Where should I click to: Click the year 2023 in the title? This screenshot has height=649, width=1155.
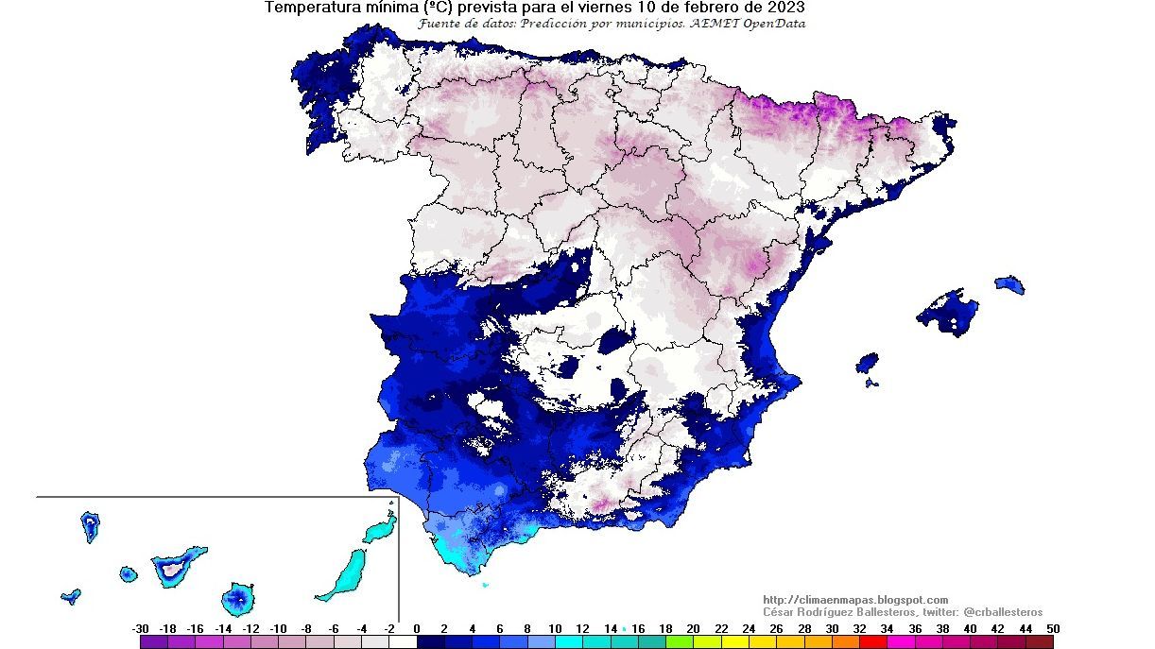(x=785, y=8)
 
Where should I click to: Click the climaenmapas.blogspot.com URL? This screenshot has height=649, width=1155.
(x=854, y=600)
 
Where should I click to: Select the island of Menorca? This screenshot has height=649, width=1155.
(x=1009, y=283)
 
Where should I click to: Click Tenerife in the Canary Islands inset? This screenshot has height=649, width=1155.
(x=177, y=567)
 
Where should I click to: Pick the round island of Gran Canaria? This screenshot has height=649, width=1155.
(x=238, y=598)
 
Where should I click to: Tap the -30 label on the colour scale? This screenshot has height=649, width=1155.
(x=141, y=629)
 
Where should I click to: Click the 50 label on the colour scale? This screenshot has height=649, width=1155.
(x=1053, y=629)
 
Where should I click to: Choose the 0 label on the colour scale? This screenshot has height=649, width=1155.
(x=417, y=629)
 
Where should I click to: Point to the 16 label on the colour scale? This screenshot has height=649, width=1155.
(x=638, y=629)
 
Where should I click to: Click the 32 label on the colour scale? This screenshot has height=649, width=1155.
(x=859, y=629)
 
